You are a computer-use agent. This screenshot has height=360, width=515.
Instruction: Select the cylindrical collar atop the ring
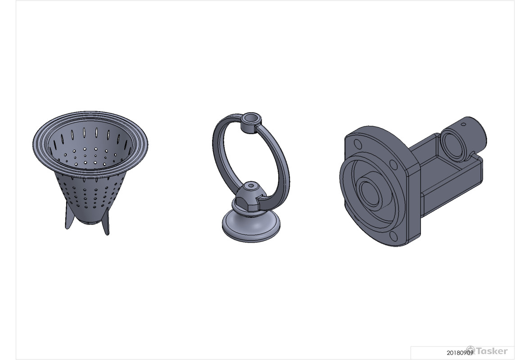pyautogui.click(x=251, y=122)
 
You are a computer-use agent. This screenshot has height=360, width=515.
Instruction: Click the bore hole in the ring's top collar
pyautogui.click(x=252, y=117)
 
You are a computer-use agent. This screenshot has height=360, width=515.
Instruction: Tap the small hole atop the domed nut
pyautogui.click(x=251, y=185)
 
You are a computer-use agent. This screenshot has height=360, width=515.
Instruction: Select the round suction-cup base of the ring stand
pyautogui.click(x=251, y=226)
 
